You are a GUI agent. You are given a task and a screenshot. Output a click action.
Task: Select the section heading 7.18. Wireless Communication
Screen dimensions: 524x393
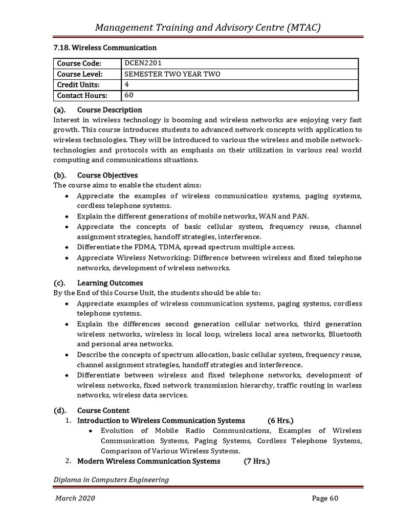[x=105, y=48]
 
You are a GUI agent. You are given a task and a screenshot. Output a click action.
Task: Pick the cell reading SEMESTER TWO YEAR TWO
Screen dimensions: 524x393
[x=172, y=74]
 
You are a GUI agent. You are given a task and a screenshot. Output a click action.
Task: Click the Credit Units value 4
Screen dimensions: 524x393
[x=127, y=84]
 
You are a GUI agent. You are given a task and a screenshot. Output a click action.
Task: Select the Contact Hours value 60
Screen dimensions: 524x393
[x=129, y=95]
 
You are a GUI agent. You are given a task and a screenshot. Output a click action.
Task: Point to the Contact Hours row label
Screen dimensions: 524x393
[x=82, y=96]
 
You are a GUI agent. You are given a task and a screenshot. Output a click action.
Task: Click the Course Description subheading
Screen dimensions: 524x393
[x=110, y=110]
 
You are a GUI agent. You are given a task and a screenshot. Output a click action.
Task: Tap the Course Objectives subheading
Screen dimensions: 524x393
[x=107, y=175]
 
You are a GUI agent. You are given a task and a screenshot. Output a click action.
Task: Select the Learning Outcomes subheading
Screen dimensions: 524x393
[x=110, y=282]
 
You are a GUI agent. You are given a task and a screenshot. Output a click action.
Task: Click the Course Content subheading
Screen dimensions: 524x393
[x=103, y=410]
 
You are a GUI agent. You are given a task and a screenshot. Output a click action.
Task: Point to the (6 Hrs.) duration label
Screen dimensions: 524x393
[x=280, y=421]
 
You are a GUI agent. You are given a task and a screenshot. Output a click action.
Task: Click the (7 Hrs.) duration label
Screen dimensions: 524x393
[x=256, y=461]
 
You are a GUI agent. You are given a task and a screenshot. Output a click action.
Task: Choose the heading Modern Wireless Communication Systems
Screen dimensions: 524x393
[x=148, y=461]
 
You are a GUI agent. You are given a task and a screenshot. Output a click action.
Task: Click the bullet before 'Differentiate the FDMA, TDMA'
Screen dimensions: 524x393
[x=68, y=247]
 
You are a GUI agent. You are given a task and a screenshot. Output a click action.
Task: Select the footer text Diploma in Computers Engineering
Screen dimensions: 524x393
[x=112, y=479]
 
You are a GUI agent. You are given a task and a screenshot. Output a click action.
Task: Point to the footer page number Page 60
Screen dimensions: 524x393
[x=325, y=499]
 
